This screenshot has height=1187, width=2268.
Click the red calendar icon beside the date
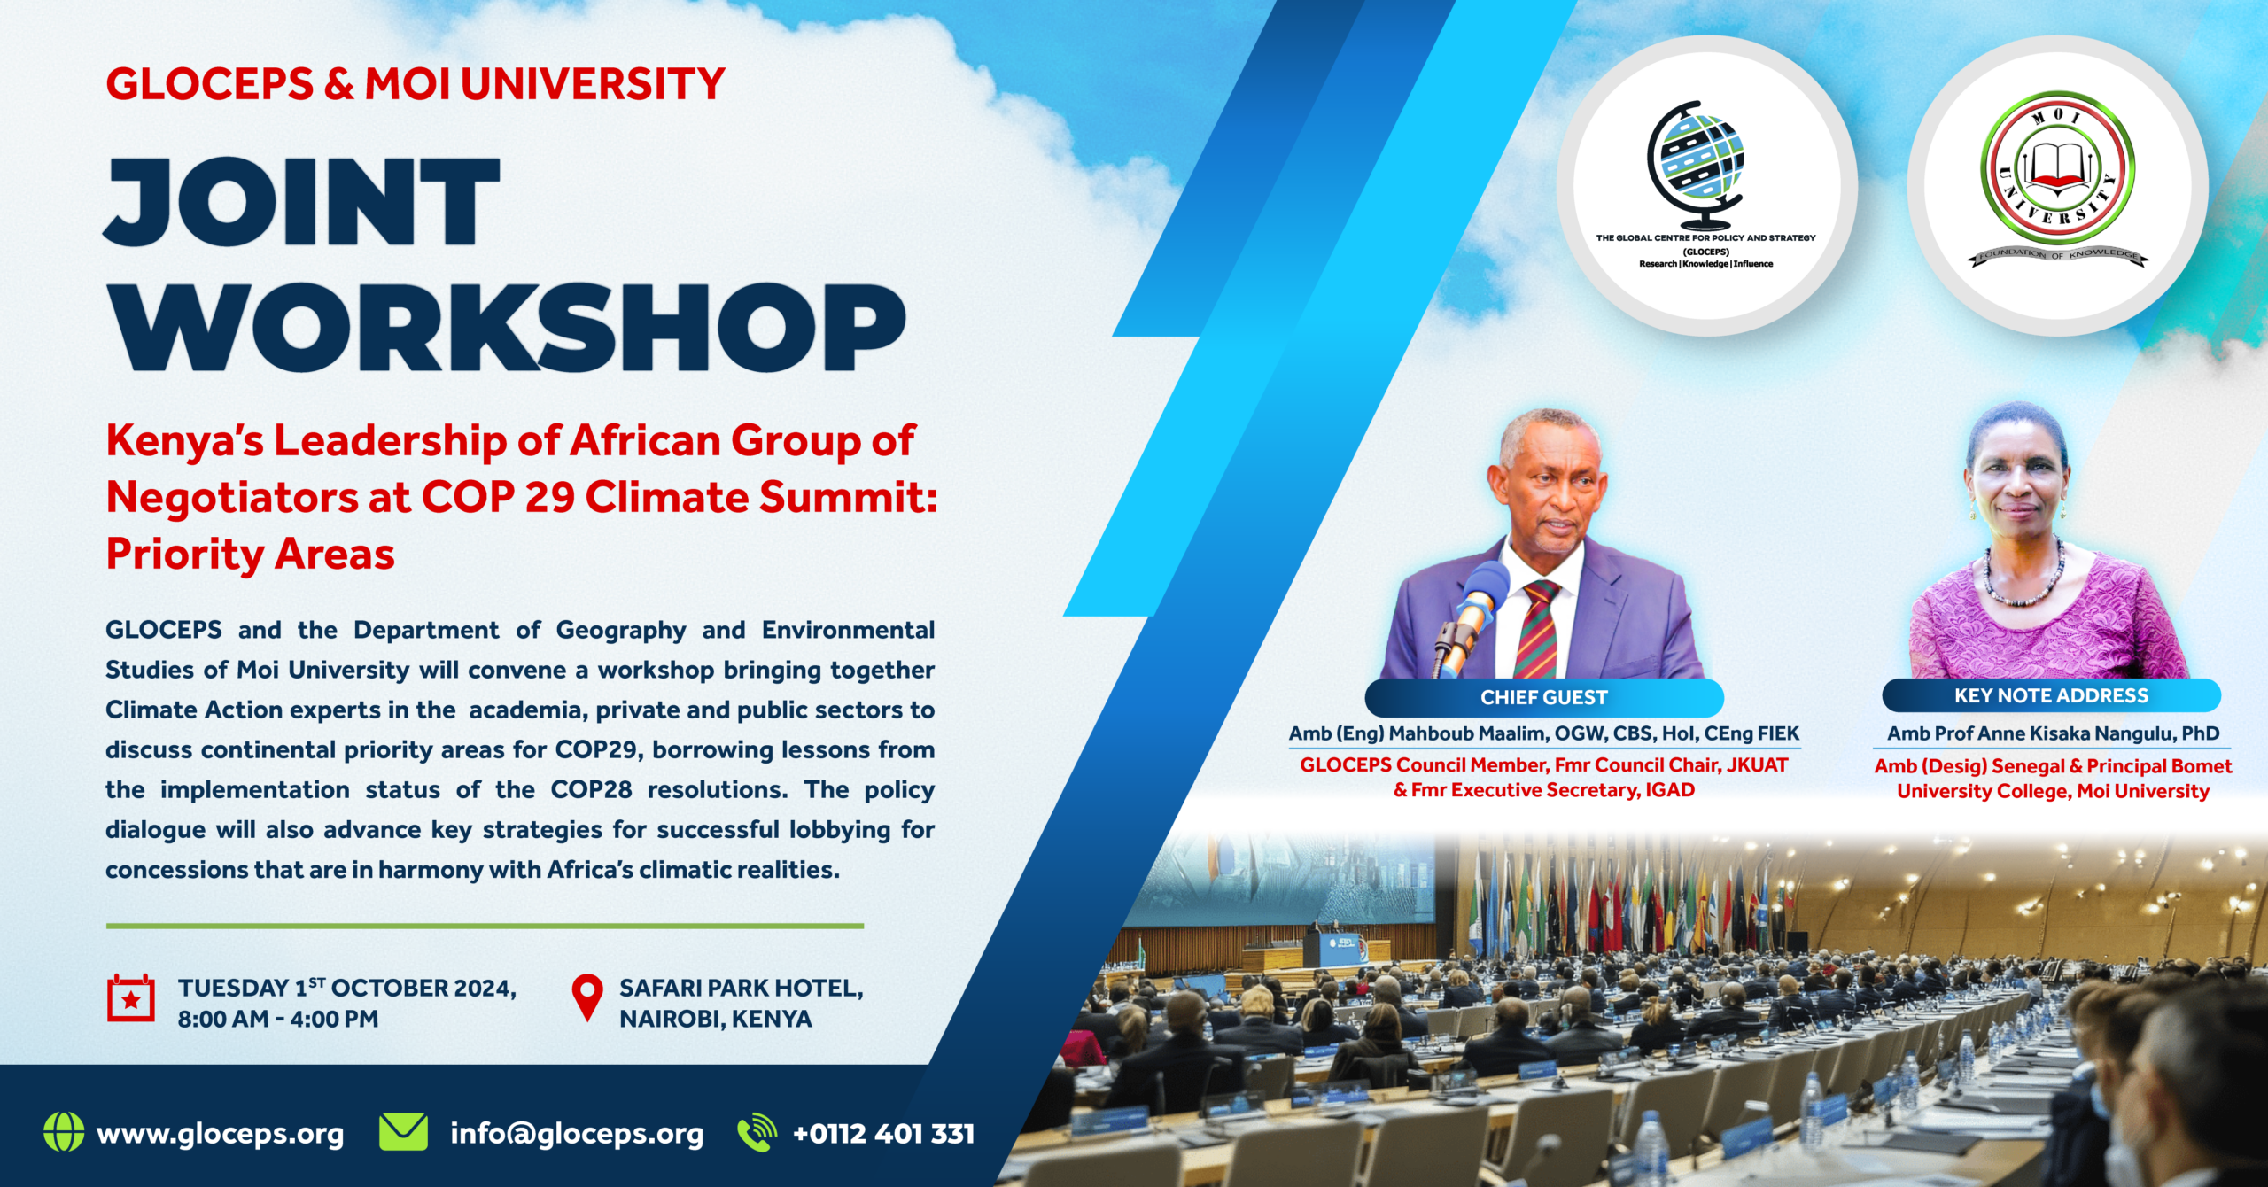click(x=131, y=998)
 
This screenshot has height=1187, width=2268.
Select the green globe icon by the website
click(x=64, y=1132)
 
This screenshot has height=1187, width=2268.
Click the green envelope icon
click(x=403, y=1132)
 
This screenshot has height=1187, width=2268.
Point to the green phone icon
click(x=757, y=1132)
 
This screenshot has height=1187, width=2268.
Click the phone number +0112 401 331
click(x=883, y=1134)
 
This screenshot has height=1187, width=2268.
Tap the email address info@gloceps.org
click(x=577, y=1134)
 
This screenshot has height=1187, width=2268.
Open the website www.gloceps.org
click(x=220, y=1134)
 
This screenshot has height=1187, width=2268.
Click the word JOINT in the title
click(x=302, y=202)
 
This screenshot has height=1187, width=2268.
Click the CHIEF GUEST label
click(x=1543, y=697)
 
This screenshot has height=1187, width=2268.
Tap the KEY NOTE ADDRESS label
click(x=2051, y=695)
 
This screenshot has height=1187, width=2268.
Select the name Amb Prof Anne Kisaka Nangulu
click(x=2052, y=733)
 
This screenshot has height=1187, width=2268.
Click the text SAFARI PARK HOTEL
click(x=741, y=988)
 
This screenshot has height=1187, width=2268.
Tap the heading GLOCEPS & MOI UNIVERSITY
click(x=416, y=84)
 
